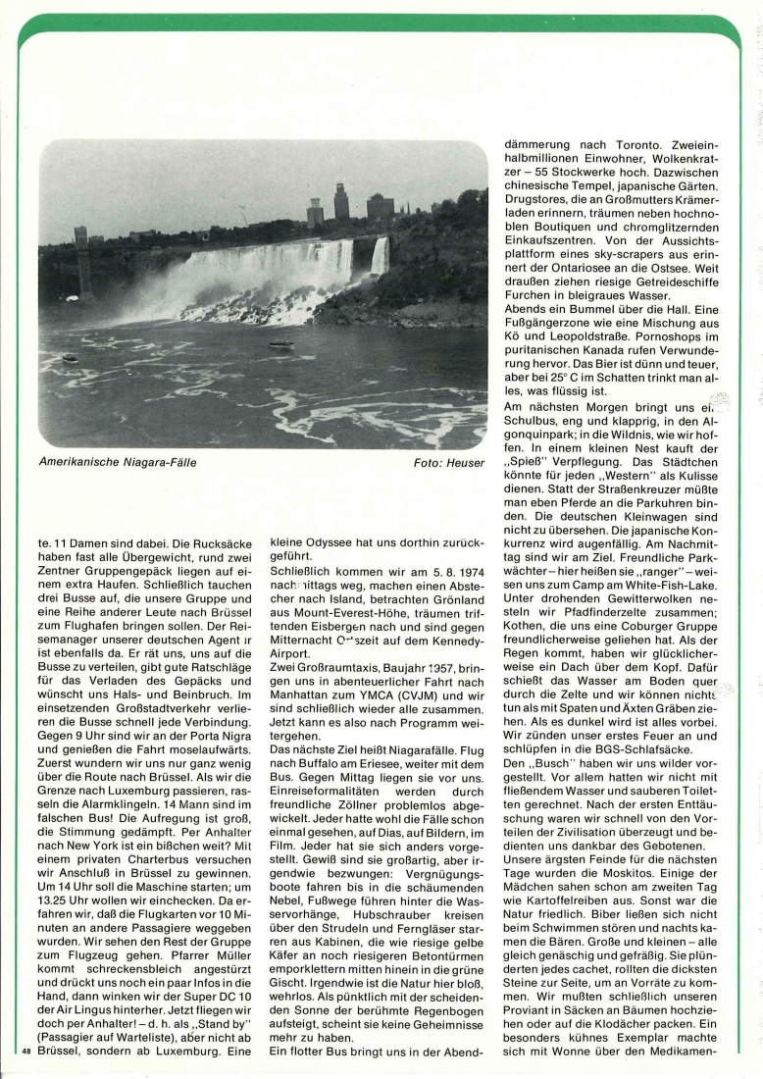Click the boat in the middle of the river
pos(281,344)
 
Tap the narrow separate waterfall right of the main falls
pos(380,257)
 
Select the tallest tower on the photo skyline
pos(341,201)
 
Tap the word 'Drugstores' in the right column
pos(537,200)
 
